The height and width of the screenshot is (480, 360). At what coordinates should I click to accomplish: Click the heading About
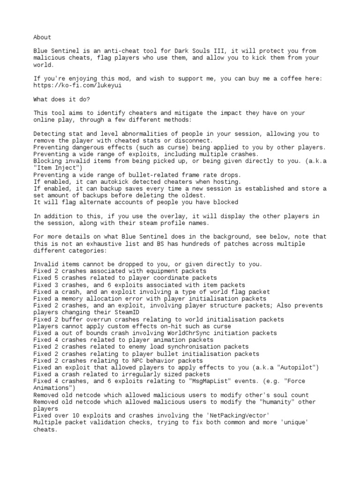point(42,37)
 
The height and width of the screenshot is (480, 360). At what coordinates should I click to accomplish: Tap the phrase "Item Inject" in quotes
point(58,168)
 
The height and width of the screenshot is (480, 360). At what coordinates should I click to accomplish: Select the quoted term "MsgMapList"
point(209,381)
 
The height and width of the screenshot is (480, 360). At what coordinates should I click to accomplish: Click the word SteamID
point(125,312)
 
